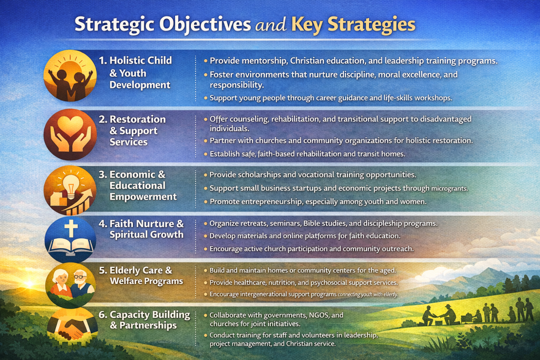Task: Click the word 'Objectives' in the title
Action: tap(205, 25)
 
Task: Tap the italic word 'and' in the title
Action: tap(271, 25)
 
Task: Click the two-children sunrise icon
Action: tap(70, 75)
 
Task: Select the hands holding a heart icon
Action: tap(70, 134)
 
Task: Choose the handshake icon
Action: tap(72, 327)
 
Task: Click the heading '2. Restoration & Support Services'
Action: tap(132, 130)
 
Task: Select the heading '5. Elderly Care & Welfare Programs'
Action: tap(141, 275)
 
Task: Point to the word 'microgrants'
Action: tap(449, 189)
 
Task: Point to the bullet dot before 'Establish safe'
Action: tap(206, 154)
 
